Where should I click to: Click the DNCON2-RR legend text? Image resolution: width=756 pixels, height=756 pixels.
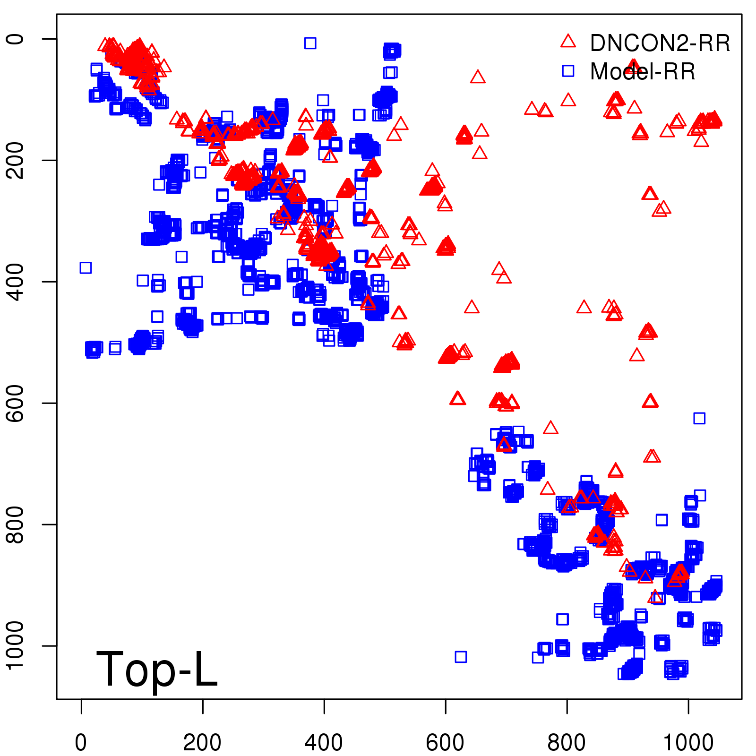click(x=660, y=43)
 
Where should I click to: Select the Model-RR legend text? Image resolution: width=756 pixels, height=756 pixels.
click(x=643, y=71)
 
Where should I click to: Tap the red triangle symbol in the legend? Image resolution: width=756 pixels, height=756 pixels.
click(x=568, y=42)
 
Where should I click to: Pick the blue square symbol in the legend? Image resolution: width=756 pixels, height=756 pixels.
click(x=568, y=71)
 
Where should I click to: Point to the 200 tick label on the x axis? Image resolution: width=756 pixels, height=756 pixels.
click(x=202, y=742)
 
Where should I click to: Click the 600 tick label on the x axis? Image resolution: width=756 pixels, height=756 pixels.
click(x=445, y=742)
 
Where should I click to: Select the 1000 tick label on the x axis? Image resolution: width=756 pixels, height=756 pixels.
click(x=688, y=742)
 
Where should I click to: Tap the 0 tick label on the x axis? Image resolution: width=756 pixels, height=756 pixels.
click(x=81, y=742)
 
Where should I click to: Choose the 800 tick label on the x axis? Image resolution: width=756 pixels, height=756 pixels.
click(x=567, y=742)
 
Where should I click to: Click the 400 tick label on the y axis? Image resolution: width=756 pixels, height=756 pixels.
click(x=15, y=282)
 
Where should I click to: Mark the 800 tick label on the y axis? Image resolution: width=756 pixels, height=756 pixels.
click(x=15, y=524)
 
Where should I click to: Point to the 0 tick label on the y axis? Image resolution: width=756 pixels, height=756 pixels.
click(x=15, y=39)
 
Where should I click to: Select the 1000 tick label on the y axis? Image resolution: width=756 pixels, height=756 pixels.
click(x=15, y=645)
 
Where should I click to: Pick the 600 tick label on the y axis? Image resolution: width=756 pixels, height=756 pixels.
click(x=15, y=403)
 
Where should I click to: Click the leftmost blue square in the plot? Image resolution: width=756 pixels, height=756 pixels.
click(x=86, y=268)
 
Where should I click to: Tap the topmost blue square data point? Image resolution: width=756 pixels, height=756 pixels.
click(x=310, y=43)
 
